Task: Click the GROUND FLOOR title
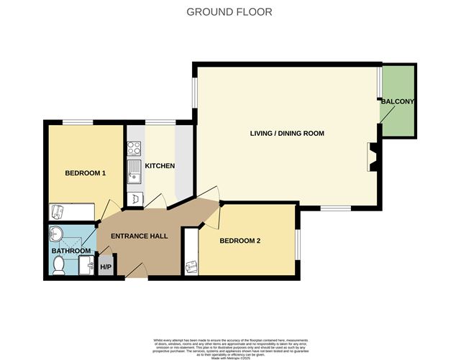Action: tap(229, 11)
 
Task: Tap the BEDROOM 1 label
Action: tap(86, 173)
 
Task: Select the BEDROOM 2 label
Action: tap(239, 240)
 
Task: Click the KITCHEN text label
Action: tap(160, 166)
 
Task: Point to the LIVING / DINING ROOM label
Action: tap(287, 133)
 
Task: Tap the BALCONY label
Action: tap(398, 102)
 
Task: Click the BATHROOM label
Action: tap(70, 251)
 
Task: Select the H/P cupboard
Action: tap(106, 267)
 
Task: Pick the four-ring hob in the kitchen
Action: tap(134, 149)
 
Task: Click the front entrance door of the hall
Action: tap(136, 272)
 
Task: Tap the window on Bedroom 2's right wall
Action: tap(297, 241)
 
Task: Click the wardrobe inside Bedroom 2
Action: tap(191, 251)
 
